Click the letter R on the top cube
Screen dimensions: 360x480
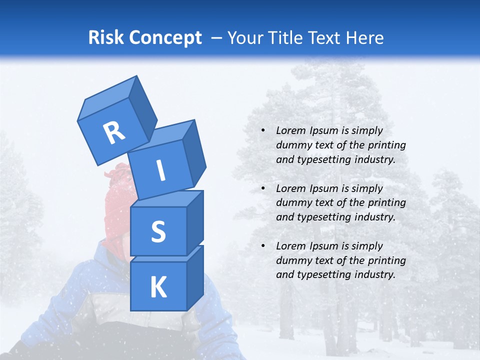pos(114,132)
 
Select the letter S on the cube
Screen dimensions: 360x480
pos(158,232)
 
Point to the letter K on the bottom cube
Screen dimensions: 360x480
pos(158,287)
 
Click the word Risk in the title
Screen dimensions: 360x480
pos(106,37)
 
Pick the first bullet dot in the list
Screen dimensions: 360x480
pos(263,131)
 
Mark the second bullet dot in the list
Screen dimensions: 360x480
pos(263,188)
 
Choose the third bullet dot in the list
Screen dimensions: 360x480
pos(263,246)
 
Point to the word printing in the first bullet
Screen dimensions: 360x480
pos(386,145)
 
